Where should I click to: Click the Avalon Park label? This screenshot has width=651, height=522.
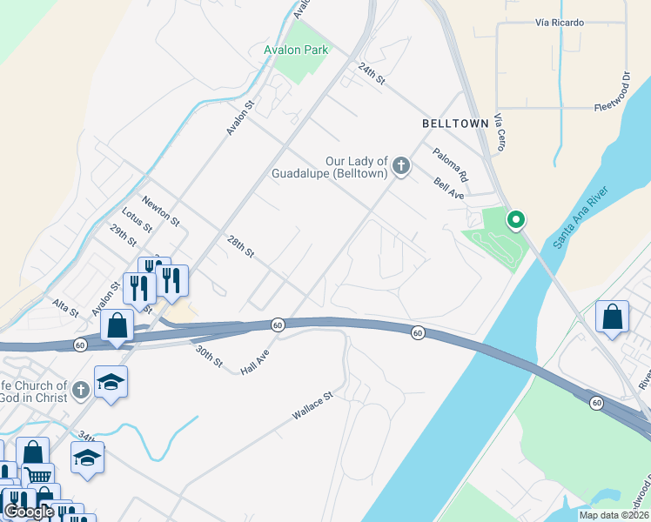296,50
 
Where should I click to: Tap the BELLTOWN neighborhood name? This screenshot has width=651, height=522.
455,124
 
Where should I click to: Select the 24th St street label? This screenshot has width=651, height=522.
372,73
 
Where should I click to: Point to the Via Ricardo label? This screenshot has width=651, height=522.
560,22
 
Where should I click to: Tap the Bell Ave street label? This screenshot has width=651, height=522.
449,189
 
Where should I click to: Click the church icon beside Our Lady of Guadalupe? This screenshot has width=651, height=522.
400,165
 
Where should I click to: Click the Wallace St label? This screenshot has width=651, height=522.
312,407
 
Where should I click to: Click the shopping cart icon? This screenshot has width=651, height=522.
37,476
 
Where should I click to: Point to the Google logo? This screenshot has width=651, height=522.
29,511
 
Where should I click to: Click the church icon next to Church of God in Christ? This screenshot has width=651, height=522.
81,390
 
